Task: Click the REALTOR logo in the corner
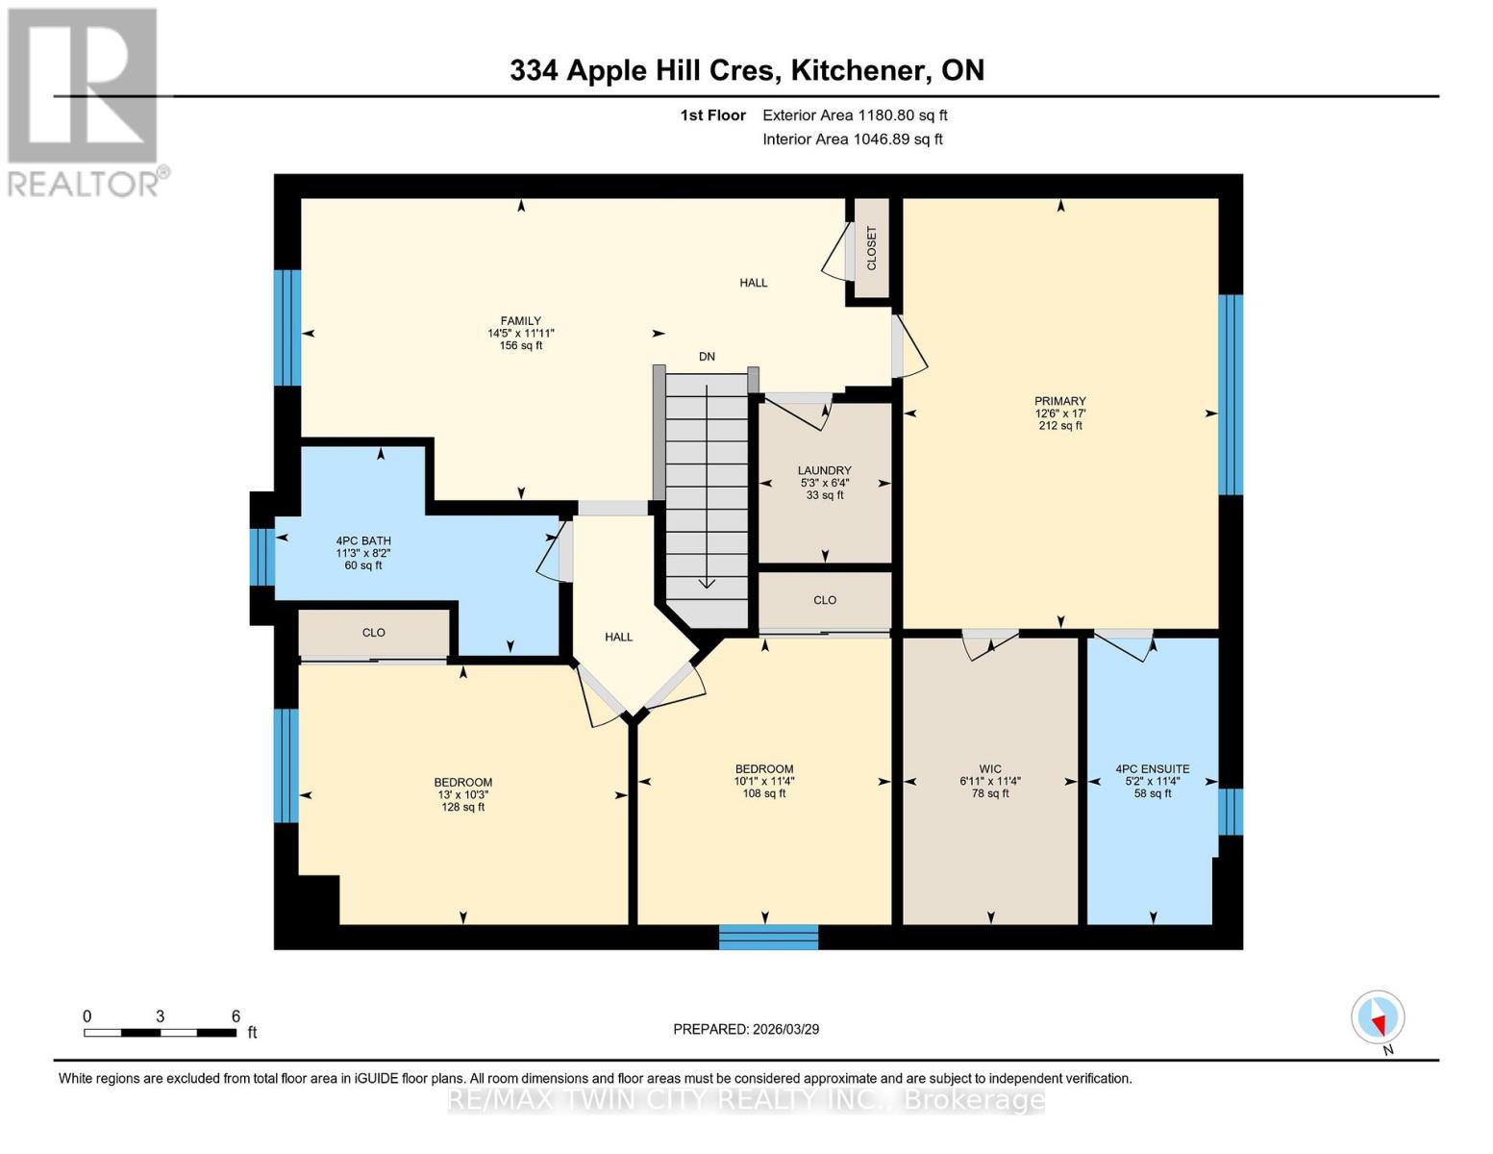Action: [85, 101]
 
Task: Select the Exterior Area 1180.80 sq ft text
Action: [855, 115]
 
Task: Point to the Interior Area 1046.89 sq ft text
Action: [852, 139]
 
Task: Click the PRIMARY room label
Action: [1059, 401]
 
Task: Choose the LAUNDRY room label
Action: [824, 470]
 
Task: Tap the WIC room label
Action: [989, 768]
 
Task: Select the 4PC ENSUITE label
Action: [1152, 768]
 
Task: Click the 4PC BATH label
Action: [362, 540]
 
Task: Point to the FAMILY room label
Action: [520, 321]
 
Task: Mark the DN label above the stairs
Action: [707, 357]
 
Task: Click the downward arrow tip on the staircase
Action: [707, 584]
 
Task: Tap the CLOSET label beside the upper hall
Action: [872, 248]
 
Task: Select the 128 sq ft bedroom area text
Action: [462, 808]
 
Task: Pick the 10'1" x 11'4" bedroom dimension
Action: [764, 782]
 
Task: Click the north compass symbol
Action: [1378, 1017]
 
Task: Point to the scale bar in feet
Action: [160, 1033]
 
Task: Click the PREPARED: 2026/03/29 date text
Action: [746, 1029]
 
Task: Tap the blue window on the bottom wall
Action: [768, 937]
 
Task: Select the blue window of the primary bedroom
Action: [1231, 394]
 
